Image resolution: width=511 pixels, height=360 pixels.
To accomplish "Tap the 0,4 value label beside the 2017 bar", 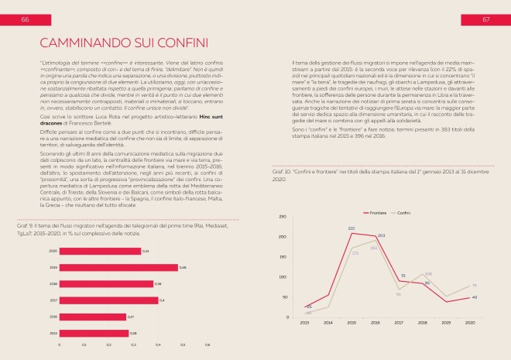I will [161, 300].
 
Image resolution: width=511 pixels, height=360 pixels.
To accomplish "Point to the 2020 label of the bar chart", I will [53, 251].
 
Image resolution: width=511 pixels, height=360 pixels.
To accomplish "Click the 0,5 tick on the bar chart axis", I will [183, 345].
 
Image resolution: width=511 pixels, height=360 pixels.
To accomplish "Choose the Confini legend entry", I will [406, 211].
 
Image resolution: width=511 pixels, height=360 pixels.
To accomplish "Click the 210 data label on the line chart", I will [352, 228].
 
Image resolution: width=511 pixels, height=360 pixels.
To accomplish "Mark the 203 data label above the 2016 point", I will [381, 235].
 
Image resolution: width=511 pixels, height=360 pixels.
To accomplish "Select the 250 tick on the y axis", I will [283, 217].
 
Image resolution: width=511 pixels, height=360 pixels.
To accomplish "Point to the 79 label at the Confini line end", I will [474, 286].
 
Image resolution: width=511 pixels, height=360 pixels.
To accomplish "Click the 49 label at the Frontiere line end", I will [474, 297].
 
